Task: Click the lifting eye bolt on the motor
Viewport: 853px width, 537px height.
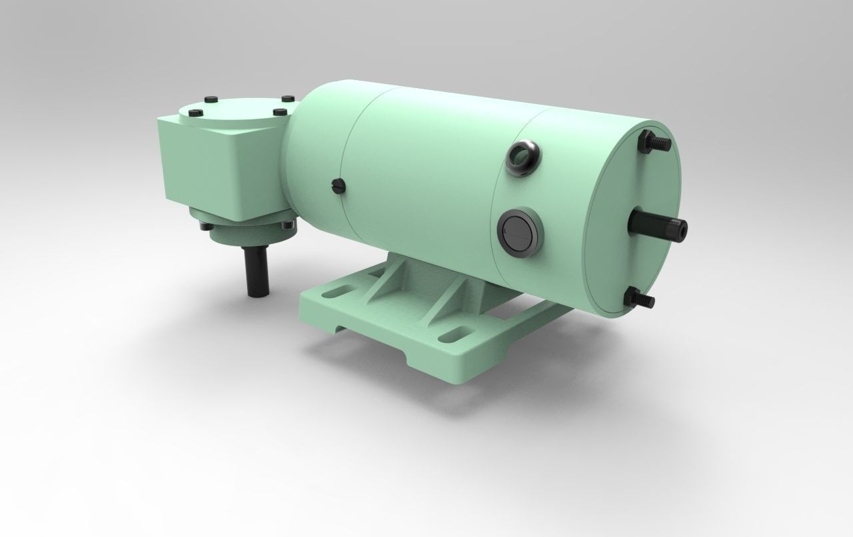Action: [x=523, y=157]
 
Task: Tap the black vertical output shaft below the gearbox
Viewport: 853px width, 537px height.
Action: [x=258, y=272]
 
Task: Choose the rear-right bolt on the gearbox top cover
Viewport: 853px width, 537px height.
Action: [x=287, y=99]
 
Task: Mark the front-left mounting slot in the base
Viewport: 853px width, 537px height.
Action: [x=340, y=292]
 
